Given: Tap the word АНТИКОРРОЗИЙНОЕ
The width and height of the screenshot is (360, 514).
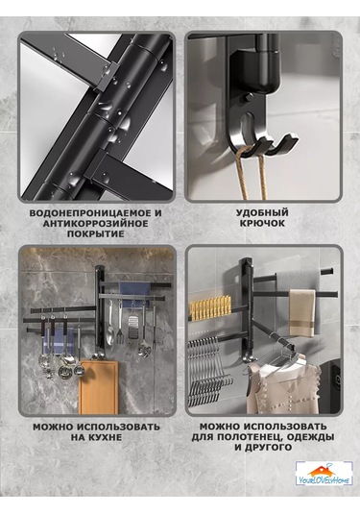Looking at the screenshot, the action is (x=96, y=224).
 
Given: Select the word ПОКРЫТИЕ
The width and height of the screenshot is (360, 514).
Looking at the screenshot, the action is (x=96, y=234).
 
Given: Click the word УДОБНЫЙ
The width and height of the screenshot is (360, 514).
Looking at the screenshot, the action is (x=262, y=212).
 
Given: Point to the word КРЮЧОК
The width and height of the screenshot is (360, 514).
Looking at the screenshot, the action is (x=262, y=223).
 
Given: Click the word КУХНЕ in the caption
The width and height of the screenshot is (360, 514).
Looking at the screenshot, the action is (x=106, y=437).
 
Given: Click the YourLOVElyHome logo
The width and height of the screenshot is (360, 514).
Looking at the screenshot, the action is (x=324, y=474).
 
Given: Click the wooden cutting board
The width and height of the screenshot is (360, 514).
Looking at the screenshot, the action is (x=99, y=386).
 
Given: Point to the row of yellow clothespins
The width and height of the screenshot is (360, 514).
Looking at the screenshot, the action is (x=210, y=306).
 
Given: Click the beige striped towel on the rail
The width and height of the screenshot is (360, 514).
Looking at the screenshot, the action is (x=301, y=313).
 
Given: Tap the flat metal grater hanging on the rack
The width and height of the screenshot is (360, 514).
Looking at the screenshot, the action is (x=132, y=326).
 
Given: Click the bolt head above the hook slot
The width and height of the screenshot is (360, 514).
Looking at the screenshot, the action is (x=249, y=97).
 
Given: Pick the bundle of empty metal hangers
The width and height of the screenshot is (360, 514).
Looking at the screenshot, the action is (x=209, y=371).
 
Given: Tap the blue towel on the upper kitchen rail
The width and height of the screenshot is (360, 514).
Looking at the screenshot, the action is (x=135, y=292).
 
